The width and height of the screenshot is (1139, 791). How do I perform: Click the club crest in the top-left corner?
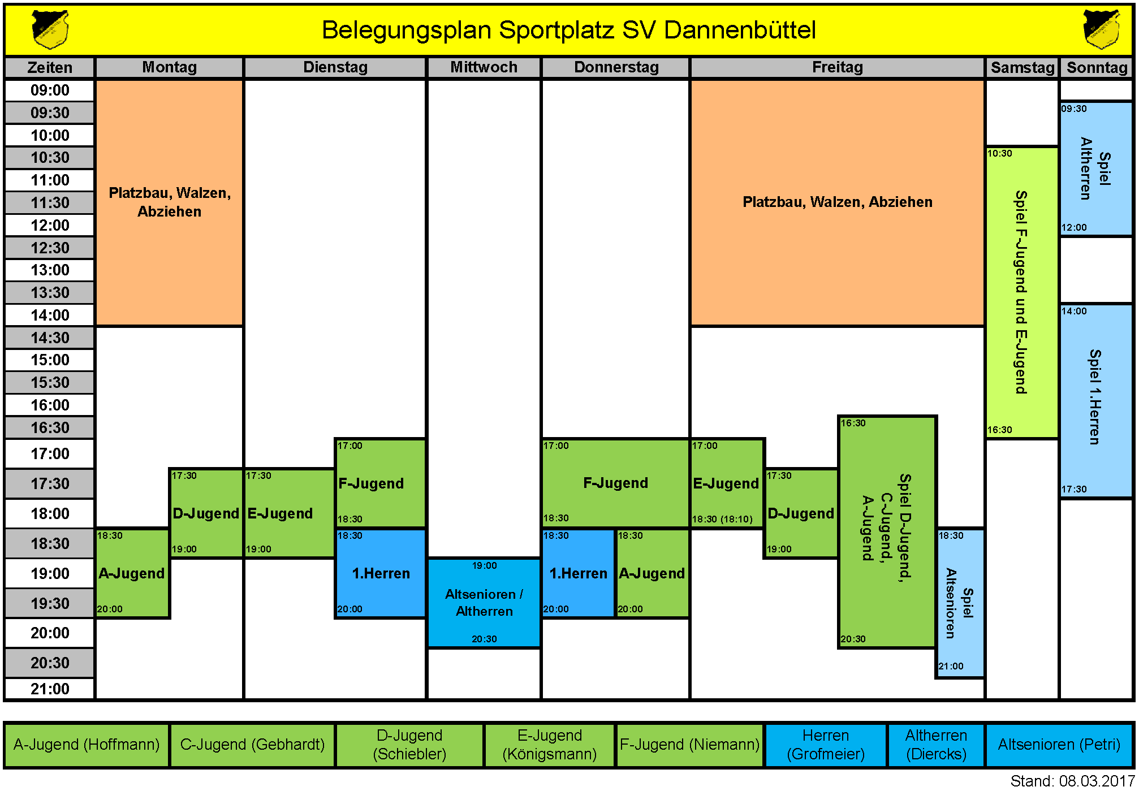[x=50, y=29]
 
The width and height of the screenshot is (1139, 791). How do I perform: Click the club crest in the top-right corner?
[x=1101, y=29]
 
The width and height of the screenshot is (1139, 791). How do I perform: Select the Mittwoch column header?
[x=484, y=67]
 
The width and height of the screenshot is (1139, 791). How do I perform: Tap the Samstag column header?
[x=1022, y=68]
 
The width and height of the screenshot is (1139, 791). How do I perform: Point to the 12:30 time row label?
[x=50, y=248]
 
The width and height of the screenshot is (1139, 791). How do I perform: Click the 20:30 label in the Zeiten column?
[x=50, y=663]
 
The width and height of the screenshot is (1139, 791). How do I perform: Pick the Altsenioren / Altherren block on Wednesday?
[x=484, y=603]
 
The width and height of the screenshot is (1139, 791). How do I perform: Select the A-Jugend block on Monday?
[x=132, y=573]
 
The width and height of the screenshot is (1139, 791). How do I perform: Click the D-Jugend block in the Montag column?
[x=206, y=513]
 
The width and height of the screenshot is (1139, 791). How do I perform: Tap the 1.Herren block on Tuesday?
[x=381, y=573]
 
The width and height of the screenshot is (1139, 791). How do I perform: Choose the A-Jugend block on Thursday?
[x=652, y=573]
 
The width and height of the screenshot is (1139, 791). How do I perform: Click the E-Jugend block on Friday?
[x=726, y=483]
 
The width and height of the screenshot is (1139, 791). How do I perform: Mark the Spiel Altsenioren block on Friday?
[x=959, y=603]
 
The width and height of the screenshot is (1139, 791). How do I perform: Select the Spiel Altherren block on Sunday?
[x=1095, y=168]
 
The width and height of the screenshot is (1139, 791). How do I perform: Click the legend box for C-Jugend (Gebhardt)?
[x=252, y=745]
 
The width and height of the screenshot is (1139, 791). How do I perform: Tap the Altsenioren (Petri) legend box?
[x=1059, y=745]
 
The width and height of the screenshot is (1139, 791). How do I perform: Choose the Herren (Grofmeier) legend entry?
[x=825, y=745]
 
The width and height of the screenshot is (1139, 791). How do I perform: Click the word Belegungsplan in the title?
[x=406, y=30]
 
